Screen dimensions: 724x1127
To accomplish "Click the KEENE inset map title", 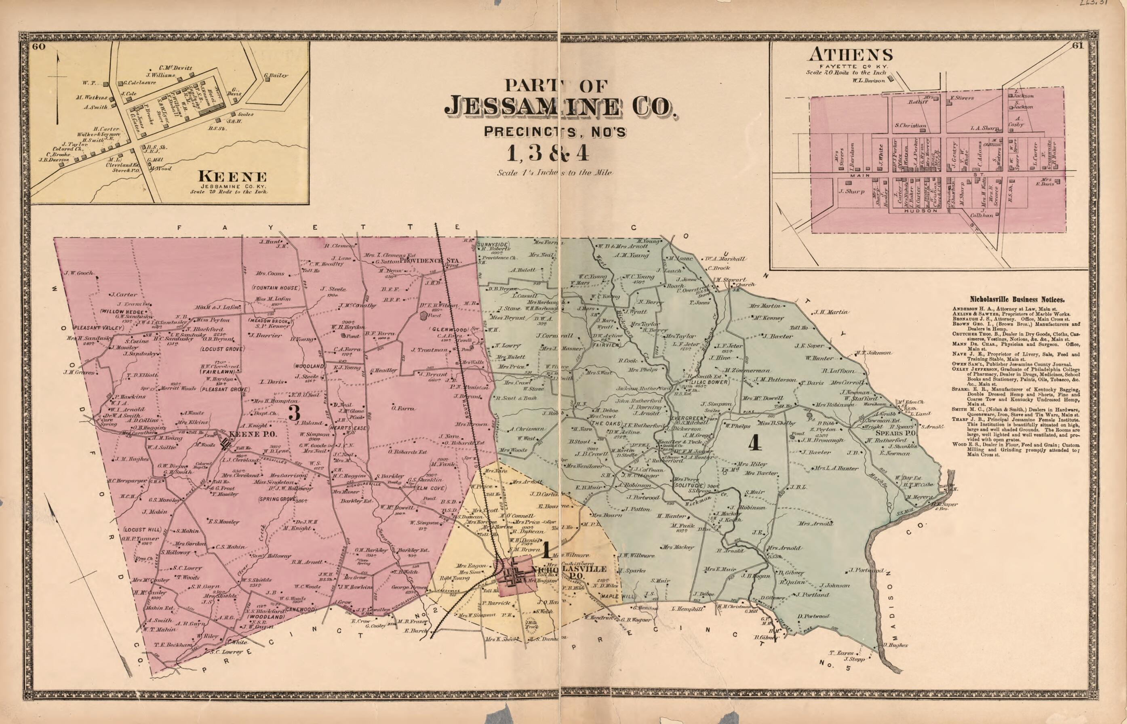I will (232, 177).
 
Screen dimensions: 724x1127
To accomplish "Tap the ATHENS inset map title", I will (850, 55).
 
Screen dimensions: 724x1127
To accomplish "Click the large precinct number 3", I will (294, 413).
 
